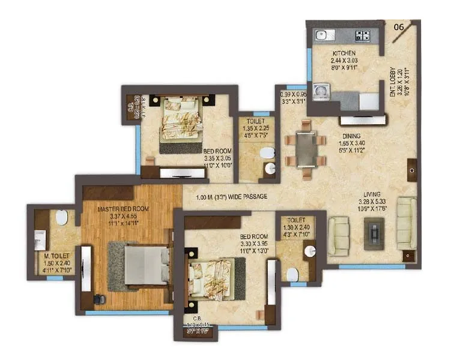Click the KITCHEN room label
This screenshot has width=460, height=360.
pyautogui.click(x=344, y=53)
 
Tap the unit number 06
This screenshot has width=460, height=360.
pyautogui.click(x=398, y=27)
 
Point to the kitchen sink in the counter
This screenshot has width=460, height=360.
pyautogui.click(x=321, y=34)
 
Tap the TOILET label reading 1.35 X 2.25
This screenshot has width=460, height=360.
pyautogui.click(x=252, y=121)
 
